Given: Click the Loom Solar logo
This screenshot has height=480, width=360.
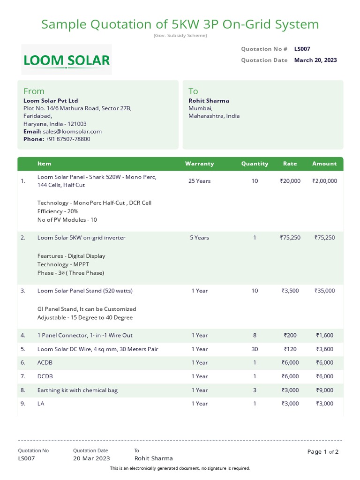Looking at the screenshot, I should click(x=67, y=60).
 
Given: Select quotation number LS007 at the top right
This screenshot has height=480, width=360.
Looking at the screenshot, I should click(x=302, y=49).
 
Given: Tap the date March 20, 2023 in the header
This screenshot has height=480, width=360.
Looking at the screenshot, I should click(x=315, y=60).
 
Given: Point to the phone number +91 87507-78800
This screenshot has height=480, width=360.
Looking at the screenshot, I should click(x=68, y=139).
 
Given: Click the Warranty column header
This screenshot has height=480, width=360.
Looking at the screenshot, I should click(x=199, y=164).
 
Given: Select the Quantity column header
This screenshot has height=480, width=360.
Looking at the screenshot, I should click(x=255, y=164).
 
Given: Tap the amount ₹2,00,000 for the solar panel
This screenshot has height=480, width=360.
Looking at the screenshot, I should click(x=324, y=181).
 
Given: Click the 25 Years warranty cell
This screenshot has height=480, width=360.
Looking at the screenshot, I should click(x=199, y=181).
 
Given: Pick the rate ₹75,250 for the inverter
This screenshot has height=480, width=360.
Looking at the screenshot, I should click(x=290, y=238).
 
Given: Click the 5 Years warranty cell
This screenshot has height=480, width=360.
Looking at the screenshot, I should click(x=199, y=238).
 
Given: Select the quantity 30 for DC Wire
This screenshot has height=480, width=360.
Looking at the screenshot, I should click(x=255, y=349).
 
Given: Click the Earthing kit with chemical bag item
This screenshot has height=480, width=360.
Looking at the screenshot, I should click(x=77, y=390).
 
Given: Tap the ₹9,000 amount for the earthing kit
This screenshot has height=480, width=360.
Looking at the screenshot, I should click(x=324, y=390).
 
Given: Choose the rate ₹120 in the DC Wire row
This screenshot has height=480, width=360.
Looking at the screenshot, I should click(x=290, y=349).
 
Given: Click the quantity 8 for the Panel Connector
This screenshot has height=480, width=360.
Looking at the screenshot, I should click(x=255, y=335).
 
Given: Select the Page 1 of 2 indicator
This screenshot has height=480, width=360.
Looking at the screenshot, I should click(x=322, y=452).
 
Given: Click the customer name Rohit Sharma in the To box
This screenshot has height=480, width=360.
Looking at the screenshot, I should click(x=209, y=101).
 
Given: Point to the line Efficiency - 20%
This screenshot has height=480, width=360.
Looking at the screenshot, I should click(x=58, y=211).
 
